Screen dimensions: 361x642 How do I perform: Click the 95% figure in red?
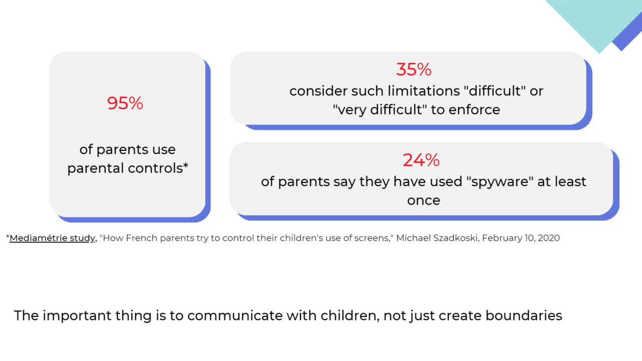[x=125, y=103]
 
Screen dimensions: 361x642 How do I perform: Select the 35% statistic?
[x=414, y=70]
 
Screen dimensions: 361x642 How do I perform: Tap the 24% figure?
[x=421, y=160]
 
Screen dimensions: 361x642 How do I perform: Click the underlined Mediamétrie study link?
[x=53, y=238]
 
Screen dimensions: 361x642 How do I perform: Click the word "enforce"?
[x=474, y=110]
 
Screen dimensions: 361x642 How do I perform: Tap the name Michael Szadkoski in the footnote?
[x=437, y=238]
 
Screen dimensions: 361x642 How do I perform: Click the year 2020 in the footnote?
[x=548, y=238]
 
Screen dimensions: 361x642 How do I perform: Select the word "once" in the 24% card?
[x=423, y=201]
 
